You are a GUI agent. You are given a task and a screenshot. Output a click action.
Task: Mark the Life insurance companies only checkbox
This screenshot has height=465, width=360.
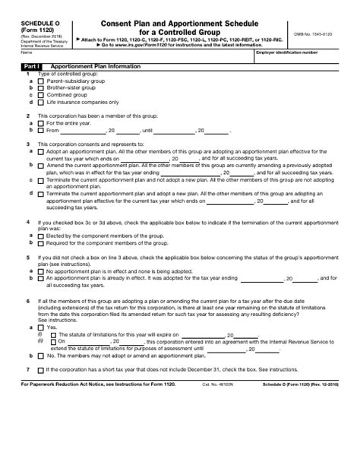41,102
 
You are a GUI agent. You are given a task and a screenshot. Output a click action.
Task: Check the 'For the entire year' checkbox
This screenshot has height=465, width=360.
41,122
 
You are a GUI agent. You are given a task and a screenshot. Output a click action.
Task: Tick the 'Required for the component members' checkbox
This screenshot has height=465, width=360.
41,243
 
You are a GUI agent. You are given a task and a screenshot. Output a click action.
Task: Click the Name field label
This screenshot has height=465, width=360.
27,53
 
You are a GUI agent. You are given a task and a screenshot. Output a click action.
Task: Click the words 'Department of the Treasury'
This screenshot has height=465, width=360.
36,40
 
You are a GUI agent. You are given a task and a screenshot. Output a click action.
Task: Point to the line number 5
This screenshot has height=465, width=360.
27,257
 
